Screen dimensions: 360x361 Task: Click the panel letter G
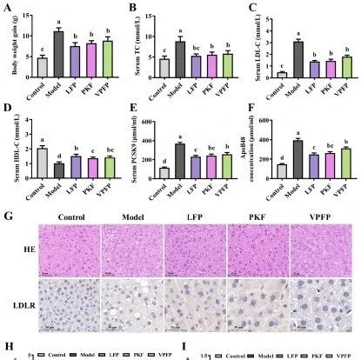click(8, 212)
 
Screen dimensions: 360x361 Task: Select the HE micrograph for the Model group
click(129, 247)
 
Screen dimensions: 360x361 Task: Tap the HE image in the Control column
click(67, 247)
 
